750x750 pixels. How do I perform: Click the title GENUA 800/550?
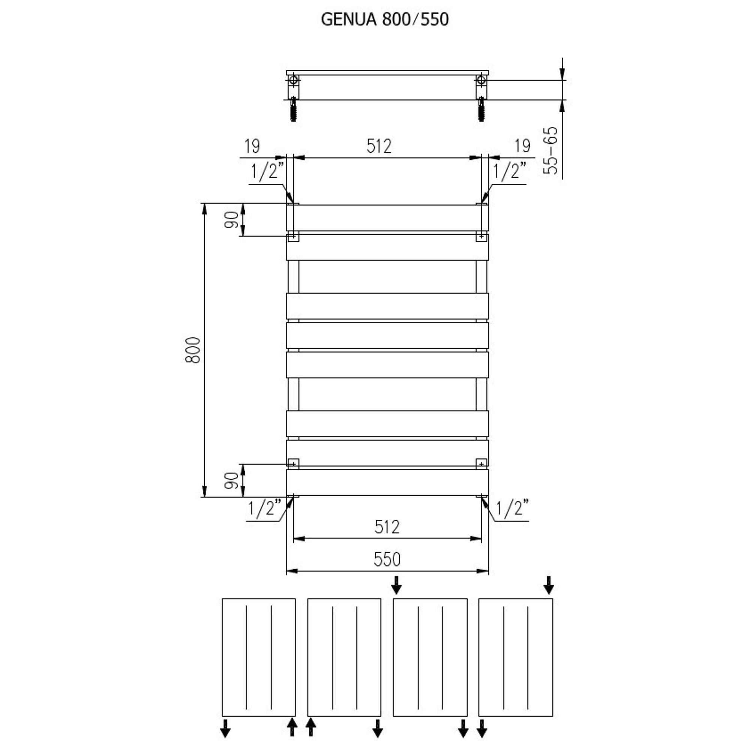click(385, 19)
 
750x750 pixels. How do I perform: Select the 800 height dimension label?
click(193, 350)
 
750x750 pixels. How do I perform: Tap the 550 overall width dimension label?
click(387, 559)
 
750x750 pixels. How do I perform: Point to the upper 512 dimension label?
click(379, 146)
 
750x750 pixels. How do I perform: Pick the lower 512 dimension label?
click(387, 527)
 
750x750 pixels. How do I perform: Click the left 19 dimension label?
click(252, 146)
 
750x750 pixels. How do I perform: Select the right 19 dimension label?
click(522, 146)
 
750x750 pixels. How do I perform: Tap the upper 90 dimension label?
click(232, 220)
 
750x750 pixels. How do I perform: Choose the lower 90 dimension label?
click(232, 480)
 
